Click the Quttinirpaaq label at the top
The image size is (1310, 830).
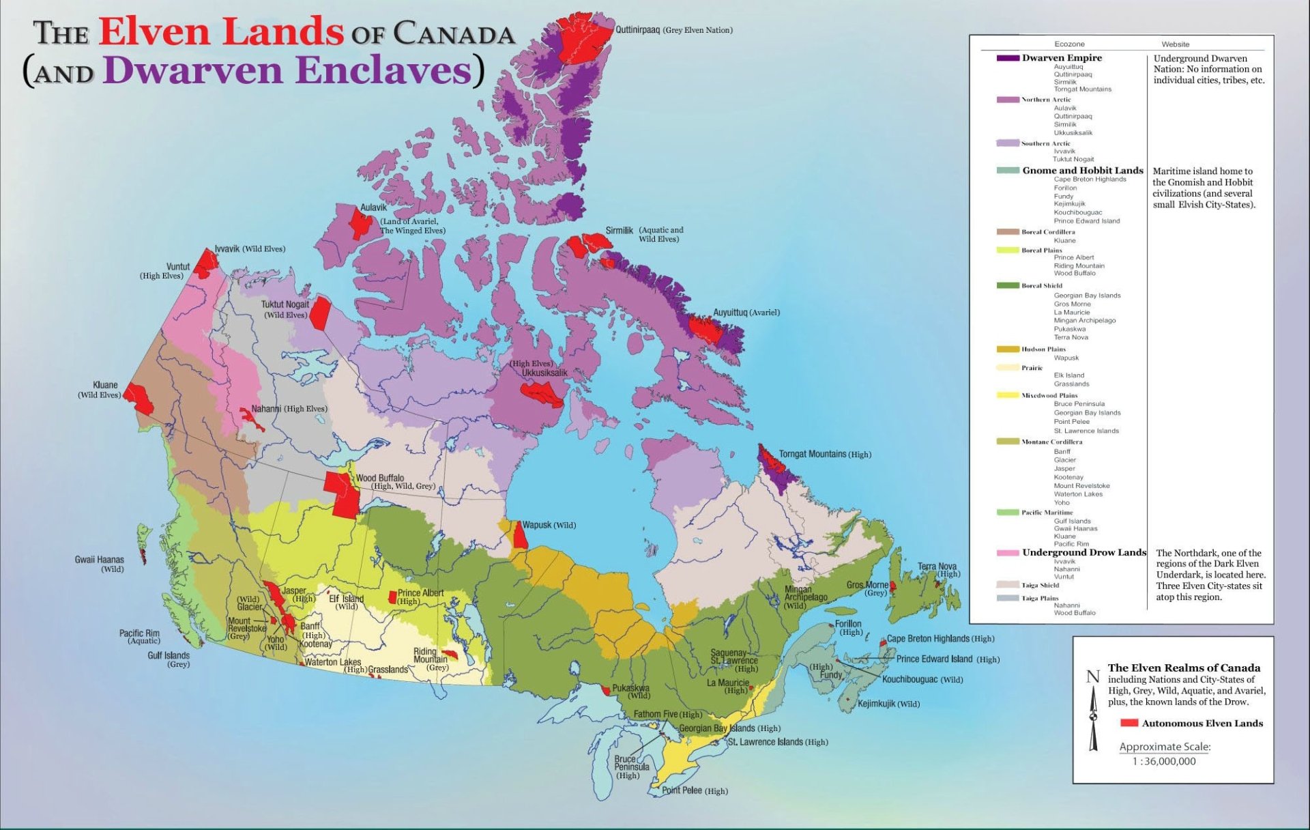(637, 30)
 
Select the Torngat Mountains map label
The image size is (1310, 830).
(813, 455)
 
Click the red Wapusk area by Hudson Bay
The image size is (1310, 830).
(520, 536)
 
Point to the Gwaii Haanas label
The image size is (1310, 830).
(100, 560)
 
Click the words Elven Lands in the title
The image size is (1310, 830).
(220, 32)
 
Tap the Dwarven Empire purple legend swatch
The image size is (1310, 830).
(1008, 58)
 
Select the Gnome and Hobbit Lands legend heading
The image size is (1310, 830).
(1082, 171)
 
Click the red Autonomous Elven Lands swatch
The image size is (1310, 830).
(1129, 723)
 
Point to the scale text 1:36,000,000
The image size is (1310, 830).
(1164, 761)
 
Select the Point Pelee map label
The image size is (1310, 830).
(682, 790)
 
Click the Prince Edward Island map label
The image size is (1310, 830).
(933, 659)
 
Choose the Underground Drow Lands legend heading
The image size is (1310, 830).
(1083, 552)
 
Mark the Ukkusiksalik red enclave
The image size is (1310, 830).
(542, 393)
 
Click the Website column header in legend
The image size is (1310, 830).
(1175, 44)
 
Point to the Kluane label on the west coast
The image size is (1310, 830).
(105, 385)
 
